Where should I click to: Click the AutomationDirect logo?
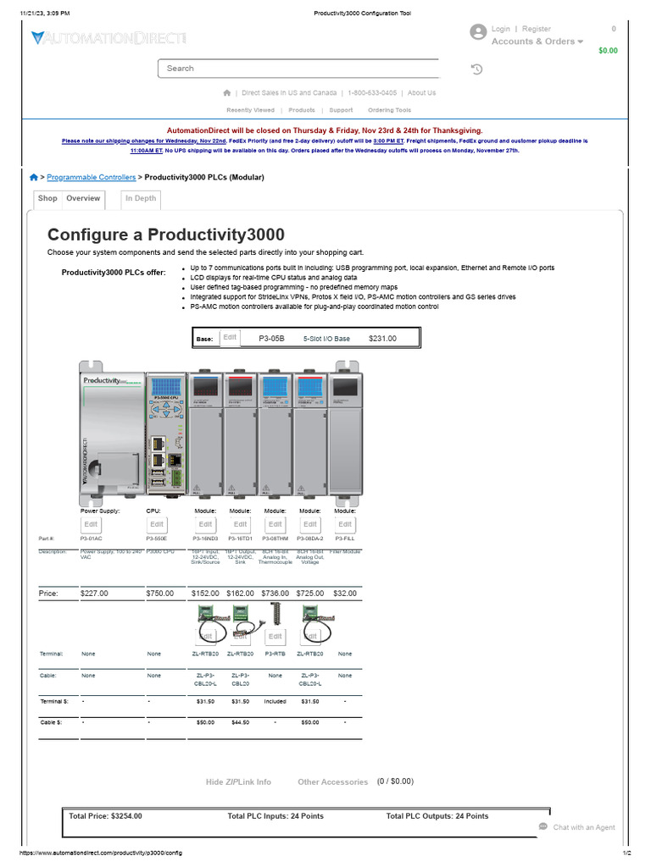point(108,38)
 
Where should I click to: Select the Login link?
point(500,29)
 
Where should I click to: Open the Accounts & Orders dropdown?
point(537,41)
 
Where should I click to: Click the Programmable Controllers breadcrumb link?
point(91,178)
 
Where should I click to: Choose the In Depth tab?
point(141,199)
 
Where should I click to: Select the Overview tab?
point(83,199)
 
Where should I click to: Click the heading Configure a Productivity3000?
point(166,235)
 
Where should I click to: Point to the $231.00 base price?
point(382,339)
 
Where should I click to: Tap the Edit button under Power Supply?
point(91,524)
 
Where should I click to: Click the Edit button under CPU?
point(157,524)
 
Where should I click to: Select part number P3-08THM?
point(275,538)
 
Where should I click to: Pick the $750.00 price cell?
point(159,594)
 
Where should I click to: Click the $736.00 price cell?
point(275,594)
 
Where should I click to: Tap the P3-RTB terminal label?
point(275,654)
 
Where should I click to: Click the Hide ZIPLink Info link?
point(238,782)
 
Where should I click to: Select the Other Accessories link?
point(332,782)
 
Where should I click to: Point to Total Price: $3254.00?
point(105,816)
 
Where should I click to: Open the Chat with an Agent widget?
point(577,827)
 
